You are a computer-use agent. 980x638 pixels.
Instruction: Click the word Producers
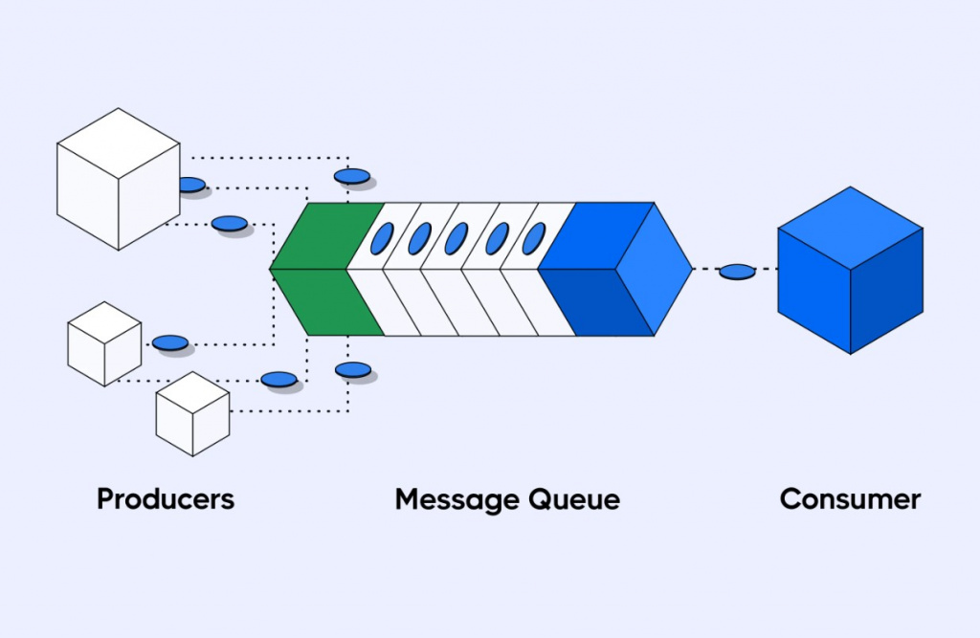pos(166,499)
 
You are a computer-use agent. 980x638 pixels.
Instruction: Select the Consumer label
pos(850,499)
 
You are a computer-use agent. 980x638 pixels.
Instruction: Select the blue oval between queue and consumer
pos(737,272)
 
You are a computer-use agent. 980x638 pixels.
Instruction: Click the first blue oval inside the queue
pos(382,237)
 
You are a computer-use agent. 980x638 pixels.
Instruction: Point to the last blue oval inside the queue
pos(533,237)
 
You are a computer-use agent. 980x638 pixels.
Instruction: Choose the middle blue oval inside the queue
pos(457,237)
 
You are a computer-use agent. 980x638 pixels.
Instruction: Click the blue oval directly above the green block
pos(352,176)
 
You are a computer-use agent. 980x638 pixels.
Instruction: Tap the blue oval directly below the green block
pos(352,369)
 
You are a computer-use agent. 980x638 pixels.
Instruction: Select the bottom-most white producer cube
pos(192,413)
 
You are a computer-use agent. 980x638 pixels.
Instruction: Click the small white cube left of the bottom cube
pos(104,343)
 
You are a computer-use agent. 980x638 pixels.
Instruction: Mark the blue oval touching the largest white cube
pos(191,185)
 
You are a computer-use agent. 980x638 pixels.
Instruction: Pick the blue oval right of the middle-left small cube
pos(170,341)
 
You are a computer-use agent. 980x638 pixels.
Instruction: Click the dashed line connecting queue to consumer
pos(706,270)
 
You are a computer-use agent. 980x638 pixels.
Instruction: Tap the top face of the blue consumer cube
pos(850,221)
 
